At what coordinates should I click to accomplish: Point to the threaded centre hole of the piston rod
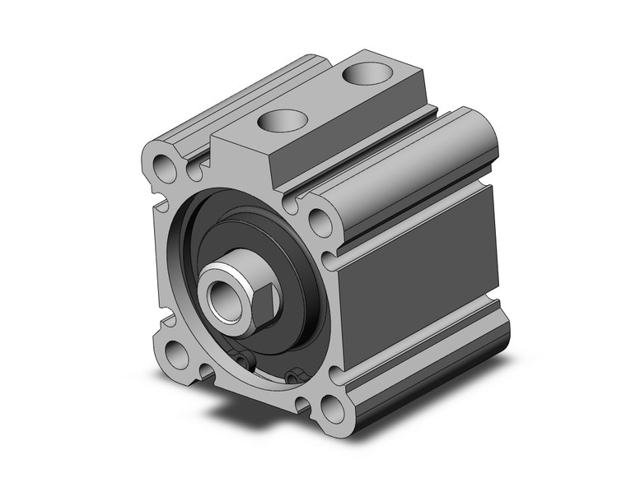coord(221,292)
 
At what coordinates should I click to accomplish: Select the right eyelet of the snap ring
coord(291,378)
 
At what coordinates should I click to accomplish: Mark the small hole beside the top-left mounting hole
coord(195,172)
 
